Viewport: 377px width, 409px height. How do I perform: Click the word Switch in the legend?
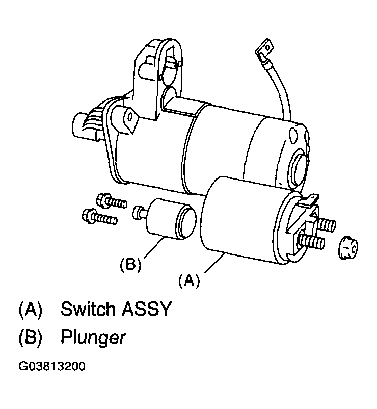88,309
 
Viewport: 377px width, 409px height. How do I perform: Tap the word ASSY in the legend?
147,309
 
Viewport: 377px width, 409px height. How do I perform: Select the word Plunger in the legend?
93,338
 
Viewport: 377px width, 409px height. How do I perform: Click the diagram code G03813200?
52,366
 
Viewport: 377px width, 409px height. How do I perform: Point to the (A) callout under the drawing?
190,280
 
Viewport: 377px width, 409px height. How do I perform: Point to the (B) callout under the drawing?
130,265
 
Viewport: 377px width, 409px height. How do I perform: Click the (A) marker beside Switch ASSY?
30,310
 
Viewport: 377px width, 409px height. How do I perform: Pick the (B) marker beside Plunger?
30,338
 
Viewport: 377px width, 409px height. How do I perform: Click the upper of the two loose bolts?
112,201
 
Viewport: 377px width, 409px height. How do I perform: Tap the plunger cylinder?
171,219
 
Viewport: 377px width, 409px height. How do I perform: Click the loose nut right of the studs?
348,247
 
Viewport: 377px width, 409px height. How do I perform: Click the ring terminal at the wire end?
265,48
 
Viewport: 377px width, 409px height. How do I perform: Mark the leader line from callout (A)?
215,263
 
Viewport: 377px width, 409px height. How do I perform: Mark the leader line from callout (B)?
153,248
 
